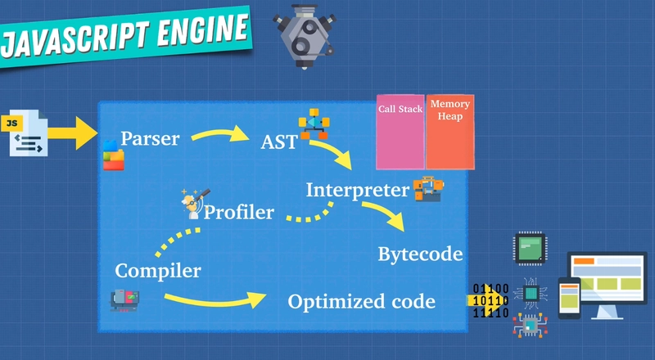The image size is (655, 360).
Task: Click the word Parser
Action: [150, 138]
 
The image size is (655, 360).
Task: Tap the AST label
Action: [278, 142]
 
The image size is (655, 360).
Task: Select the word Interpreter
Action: [358, 190]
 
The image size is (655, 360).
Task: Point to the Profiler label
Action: [239, 212]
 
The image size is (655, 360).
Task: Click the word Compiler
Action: [158, 271]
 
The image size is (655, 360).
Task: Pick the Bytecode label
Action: [420, 254]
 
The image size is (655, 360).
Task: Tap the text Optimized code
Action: [362, 301]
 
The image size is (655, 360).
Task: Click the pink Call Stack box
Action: [400, 132]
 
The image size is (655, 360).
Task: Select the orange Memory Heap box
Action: [449, 132]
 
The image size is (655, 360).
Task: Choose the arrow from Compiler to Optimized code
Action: [215, 300]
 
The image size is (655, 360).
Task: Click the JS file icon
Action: [26, 133]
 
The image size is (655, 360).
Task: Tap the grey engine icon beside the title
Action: [304, 35]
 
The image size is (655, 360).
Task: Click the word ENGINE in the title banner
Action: [202, 30]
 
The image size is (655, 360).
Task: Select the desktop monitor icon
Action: [608, 285]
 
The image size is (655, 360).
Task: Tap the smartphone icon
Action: [569, 298]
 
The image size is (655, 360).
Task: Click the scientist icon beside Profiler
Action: [195, 204]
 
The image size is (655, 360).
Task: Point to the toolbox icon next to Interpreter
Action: [428, 189]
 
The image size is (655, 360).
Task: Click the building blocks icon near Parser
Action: [114, 155]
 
